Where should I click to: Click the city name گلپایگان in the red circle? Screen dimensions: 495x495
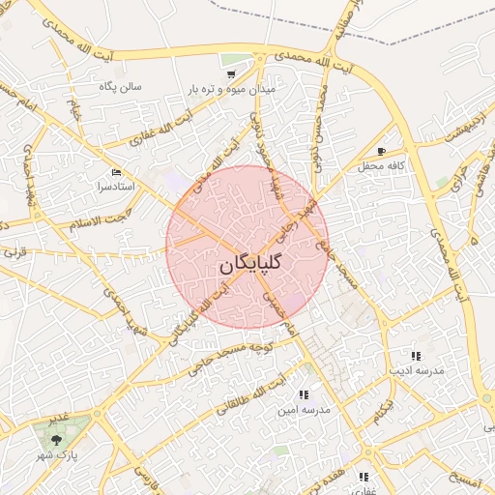pyautogui.click(x=247, y=263)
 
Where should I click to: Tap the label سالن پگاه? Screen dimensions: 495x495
pyautogui.click(x=120, y=86)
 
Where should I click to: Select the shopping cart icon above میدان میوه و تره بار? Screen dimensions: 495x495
pyautogui.click(x=231, y=73)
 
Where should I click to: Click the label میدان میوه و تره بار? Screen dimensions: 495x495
pyautogui.click(x=232, y=89)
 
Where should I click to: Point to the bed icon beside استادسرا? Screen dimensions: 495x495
pyautogui.click(x=117, y=171)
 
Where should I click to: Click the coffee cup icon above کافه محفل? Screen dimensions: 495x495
pyautogui.click(x=381, y=152)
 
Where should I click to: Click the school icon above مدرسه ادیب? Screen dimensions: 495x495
pyautogui.click(x=416, y=355)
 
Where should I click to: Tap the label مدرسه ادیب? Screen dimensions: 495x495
pyautogui.click(x=416, y=370)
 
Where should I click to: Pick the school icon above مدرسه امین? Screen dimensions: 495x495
pyautogui.click(x=304, y=394)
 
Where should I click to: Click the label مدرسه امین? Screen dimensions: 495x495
pyautogui.click(x=304, y=410)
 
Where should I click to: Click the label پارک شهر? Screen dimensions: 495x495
pyautogui.click(x=57, y=454)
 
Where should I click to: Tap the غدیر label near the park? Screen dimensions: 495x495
pyautogui.click(x=59, y=417)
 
